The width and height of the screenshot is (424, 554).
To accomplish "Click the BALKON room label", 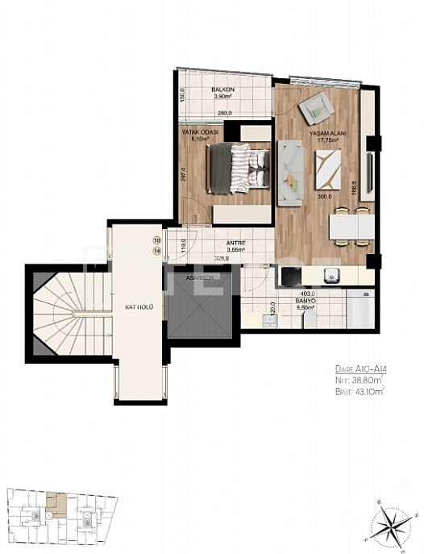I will point(223,90).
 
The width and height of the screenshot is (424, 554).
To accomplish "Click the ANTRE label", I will point(213,243).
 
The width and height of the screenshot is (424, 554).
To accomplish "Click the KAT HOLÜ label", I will point(139,306).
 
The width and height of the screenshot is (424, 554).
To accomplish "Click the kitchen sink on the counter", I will point(330,276).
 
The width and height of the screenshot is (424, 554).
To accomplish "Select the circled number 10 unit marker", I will point(156,240).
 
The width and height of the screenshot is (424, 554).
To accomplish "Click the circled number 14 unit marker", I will point(156,251).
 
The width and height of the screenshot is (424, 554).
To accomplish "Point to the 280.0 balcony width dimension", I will point(223,114).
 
